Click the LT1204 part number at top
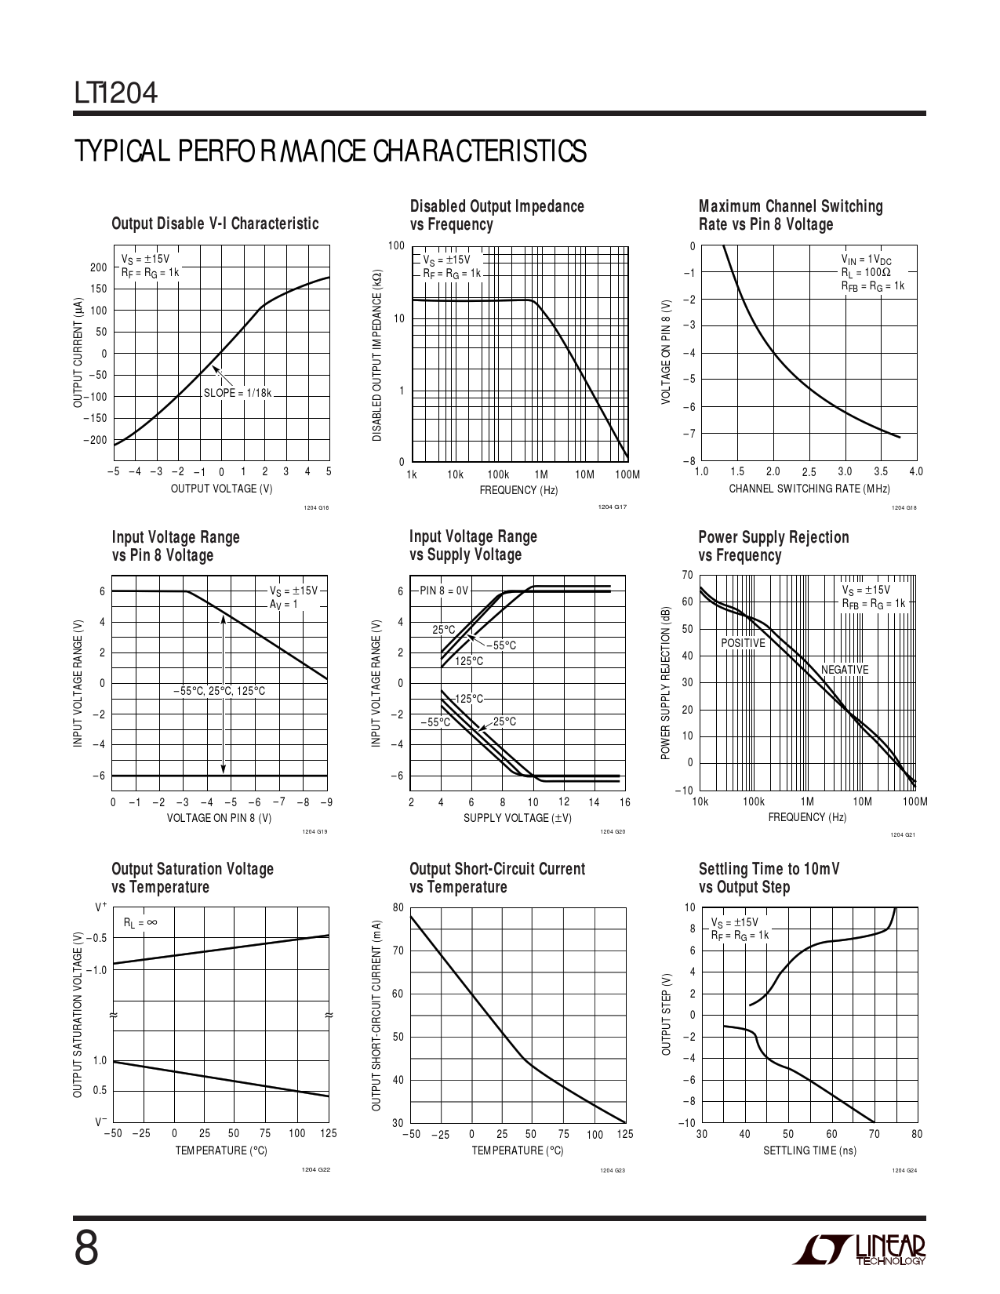coord(116,94)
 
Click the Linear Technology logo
coord(858,1250)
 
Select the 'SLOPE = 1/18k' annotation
coord(237,393)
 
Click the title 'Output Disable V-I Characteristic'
coord(215,224)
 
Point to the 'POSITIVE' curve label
coord(743,643)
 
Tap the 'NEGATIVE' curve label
coord(845,670)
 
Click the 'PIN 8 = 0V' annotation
coord(443,591)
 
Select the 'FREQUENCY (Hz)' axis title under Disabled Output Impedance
coord(518,490)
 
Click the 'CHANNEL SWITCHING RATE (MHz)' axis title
coord(809,489)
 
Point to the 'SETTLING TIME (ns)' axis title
coord(809,1150)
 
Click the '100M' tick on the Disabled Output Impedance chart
coord(627,474)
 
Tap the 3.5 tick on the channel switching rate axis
coord(881,472)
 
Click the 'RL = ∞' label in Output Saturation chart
coord(140,923)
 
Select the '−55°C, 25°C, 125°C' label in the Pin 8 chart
coord(220,691)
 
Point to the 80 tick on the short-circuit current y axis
coord(398,908)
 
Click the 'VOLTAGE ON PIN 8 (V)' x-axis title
coord(220,818)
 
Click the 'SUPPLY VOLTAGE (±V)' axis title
coord(518,818)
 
